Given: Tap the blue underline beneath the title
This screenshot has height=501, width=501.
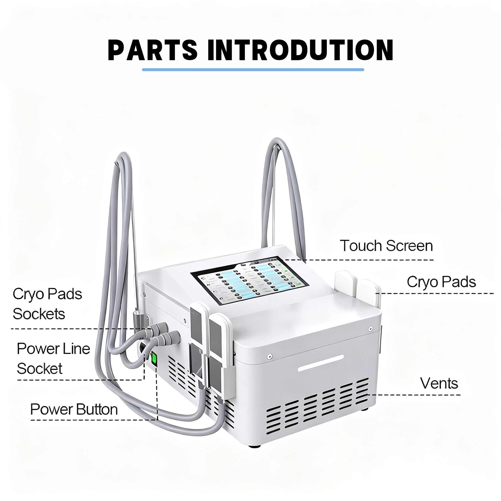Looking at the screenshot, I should tap(253, 70).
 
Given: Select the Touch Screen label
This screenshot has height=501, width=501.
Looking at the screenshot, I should tap(386, 246).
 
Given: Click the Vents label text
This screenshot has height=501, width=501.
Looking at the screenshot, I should tap(439, 384).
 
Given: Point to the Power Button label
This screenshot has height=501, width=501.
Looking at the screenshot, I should tap(74, 410).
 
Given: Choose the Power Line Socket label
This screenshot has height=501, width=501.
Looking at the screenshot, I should tap(53, 359).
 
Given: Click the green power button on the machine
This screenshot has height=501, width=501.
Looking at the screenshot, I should tap(154, 359).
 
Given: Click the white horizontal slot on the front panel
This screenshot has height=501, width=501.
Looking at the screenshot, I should tap(321, 363).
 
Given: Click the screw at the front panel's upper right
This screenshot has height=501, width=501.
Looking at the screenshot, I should tap(371, 329).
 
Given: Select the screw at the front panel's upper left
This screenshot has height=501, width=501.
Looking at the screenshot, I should tap(269, 357).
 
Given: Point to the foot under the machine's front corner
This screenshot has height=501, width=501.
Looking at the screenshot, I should tap(254, 446).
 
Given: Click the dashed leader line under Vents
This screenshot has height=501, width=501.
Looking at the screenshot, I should tap(415, 395).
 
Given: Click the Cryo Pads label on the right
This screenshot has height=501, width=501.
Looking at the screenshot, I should tap(441, 282).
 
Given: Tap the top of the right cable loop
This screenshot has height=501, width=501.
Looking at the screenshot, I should tap(277, 140).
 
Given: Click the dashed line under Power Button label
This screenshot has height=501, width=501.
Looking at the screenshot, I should tap(93, 420).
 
